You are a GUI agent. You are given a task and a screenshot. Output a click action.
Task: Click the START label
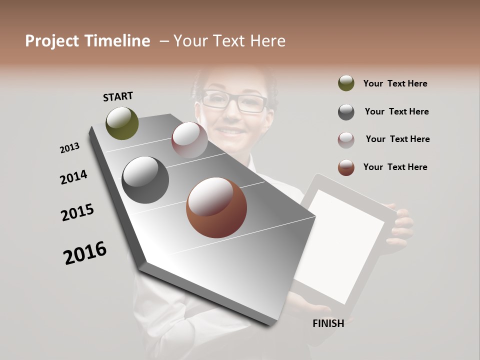tap(118, 96)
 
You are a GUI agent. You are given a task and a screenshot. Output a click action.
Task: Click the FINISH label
tap(328, 323)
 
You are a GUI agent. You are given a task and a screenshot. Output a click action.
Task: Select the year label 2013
tap(69, 148)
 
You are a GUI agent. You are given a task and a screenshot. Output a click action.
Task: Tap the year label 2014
tap(73, 177)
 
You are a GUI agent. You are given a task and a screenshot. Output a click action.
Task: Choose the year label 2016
tap(85, 253)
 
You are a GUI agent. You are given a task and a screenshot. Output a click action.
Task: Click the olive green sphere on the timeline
tap(122, 123)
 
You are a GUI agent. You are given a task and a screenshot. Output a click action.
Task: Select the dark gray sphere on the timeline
tap(145, 180)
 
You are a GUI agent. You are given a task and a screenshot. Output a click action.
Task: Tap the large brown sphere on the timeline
tap(216, 207)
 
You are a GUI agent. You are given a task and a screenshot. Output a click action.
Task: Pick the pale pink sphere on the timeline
tap(189, 139)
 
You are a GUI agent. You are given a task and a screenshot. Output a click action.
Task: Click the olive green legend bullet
tap(346, 83)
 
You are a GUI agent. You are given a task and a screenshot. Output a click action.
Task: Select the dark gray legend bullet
tap(346, 112)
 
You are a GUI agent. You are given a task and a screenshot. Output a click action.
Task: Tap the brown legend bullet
tap(346, 167)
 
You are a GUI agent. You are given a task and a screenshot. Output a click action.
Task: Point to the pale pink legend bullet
tap(346, 139)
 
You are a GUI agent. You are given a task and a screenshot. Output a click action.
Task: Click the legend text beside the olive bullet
tap(395, 83)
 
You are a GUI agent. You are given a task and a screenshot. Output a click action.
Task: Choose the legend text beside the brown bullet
tap(395, 167)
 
